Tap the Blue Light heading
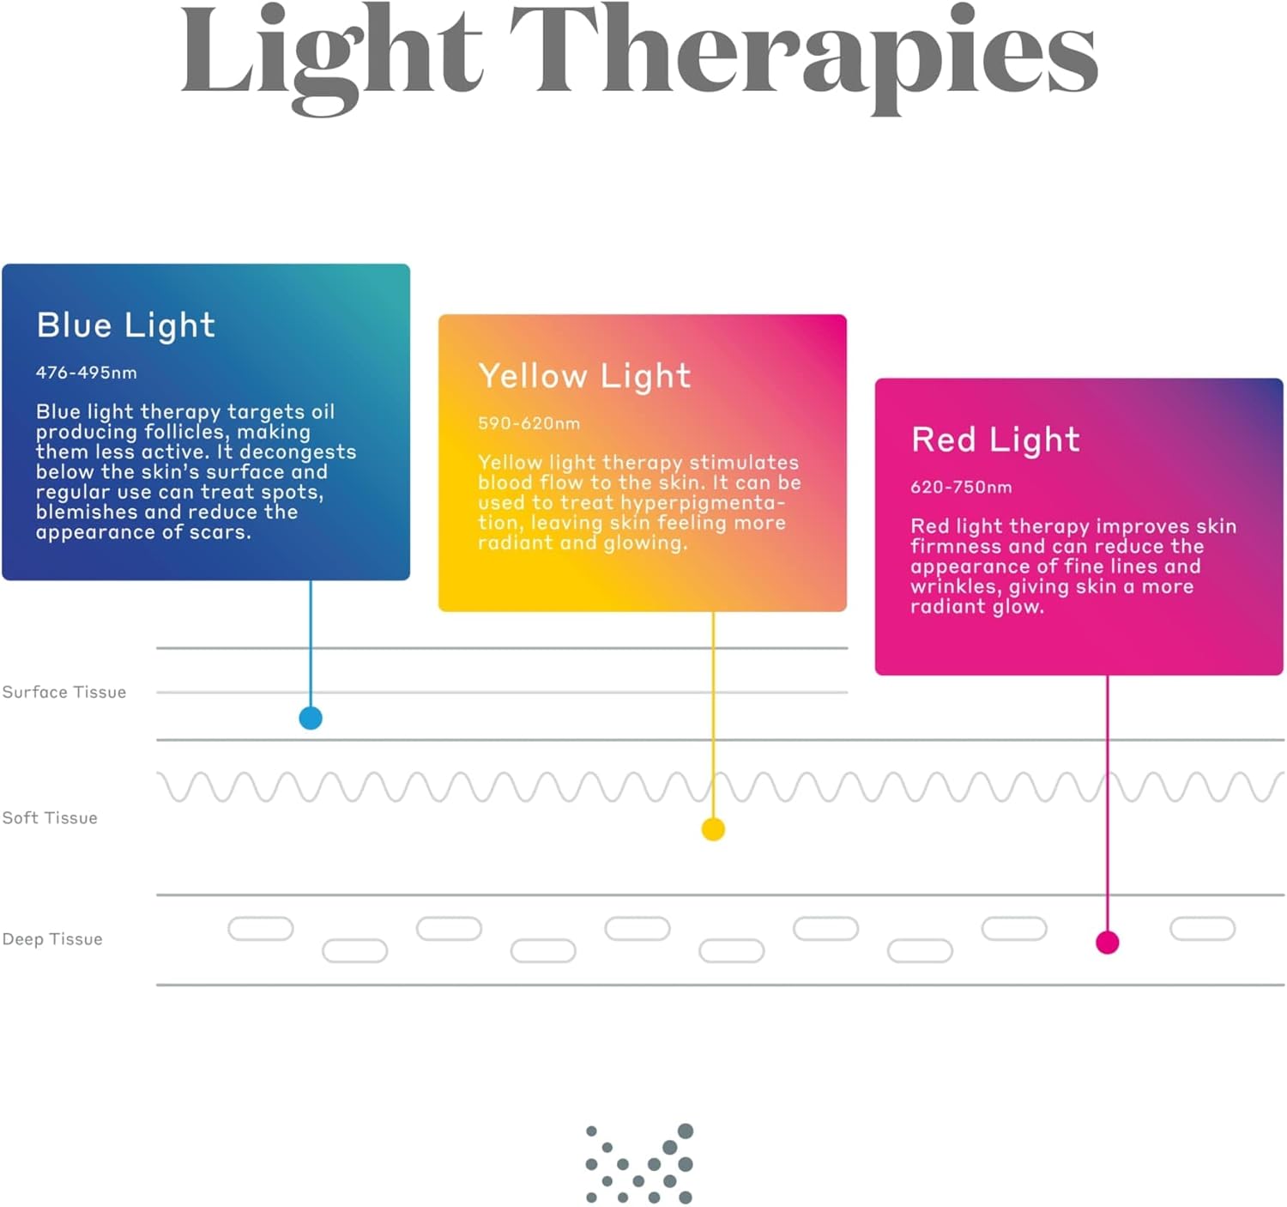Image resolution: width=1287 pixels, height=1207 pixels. click(125, 326)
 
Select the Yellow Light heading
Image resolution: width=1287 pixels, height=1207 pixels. click(584, 377)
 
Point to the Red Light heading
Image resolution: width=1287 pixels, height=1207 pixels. click(995, 440)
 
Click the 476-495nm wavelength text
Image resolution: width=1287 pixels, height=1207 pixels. click(86, 373)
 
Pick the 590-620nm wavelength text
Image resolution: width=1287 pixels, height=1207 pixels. click(529, 423)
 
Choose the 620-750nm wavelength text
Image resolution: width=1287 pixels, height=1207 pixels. click(961, 488)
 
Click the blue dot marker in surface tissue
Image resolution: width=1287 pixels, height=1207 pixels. click(311, 719)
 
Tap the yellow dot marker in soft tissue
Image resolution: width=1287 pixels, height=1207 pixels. click(713, 829)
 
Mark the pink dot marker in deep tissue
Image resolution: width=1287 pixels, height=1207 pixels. click(1108, 943)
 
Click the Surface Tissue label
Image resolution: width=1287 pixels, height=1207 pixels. click(64, 692)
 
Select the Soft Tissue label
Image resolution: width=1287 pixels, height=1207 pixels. click(50, 818)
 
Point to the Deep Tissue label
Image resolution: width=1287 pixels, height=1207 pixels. click(52, 939)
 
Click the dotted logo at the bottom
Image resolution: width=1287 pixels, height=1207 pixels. click(639, 1163)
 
